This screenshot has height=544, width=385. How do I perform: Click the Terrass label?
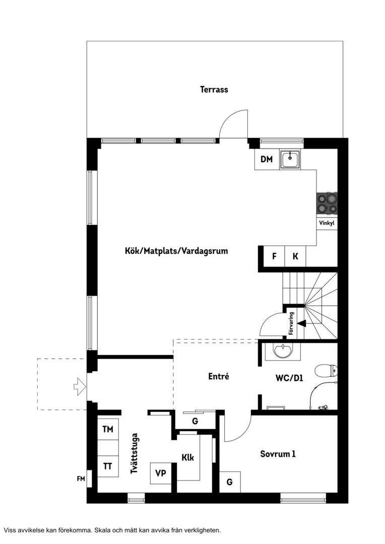click(214, 90)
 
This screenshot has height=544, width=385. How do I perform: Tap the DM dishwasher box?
click(267, 159)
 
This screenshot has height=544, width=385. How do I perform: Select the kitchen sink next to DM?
click(291, 160)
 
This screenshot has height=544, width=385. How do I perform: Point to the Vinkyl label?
click(327, 223)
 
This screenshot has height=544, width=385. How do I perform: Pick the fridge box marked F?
click(274, 256)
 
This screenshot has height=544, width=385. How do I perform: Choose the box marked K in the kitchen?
click(295, 256)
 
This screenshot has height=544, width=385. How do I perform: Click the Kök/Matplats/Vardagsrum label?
click(176, 251)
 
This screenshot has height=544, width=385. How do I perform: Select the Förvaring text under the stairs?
click(291, 323)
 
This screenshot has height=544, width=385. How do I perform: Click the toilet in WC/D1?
click(326, 371)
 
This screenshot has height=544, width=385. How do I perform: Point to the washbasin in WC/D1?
click(283, 351)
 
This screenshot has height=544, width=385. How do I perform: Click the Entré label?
click(219, 376)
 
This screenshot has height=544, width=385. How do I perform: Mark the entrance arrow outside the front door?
click(80, 386)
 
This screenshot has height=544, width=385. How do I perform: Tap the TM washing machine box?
click(108, 430)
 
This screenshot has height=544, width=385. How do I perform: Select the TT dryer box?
click(108, 466)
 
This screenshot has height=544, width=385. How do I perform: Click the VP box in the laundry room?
click(161, 473)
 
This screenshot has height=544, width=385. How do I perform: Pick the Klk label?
click(188, 457)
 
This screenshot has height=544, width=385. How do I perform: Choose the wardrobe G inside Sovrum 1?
click(230, 482)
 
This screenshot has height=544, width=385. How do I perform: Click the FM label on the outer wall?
click(81, 479)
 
